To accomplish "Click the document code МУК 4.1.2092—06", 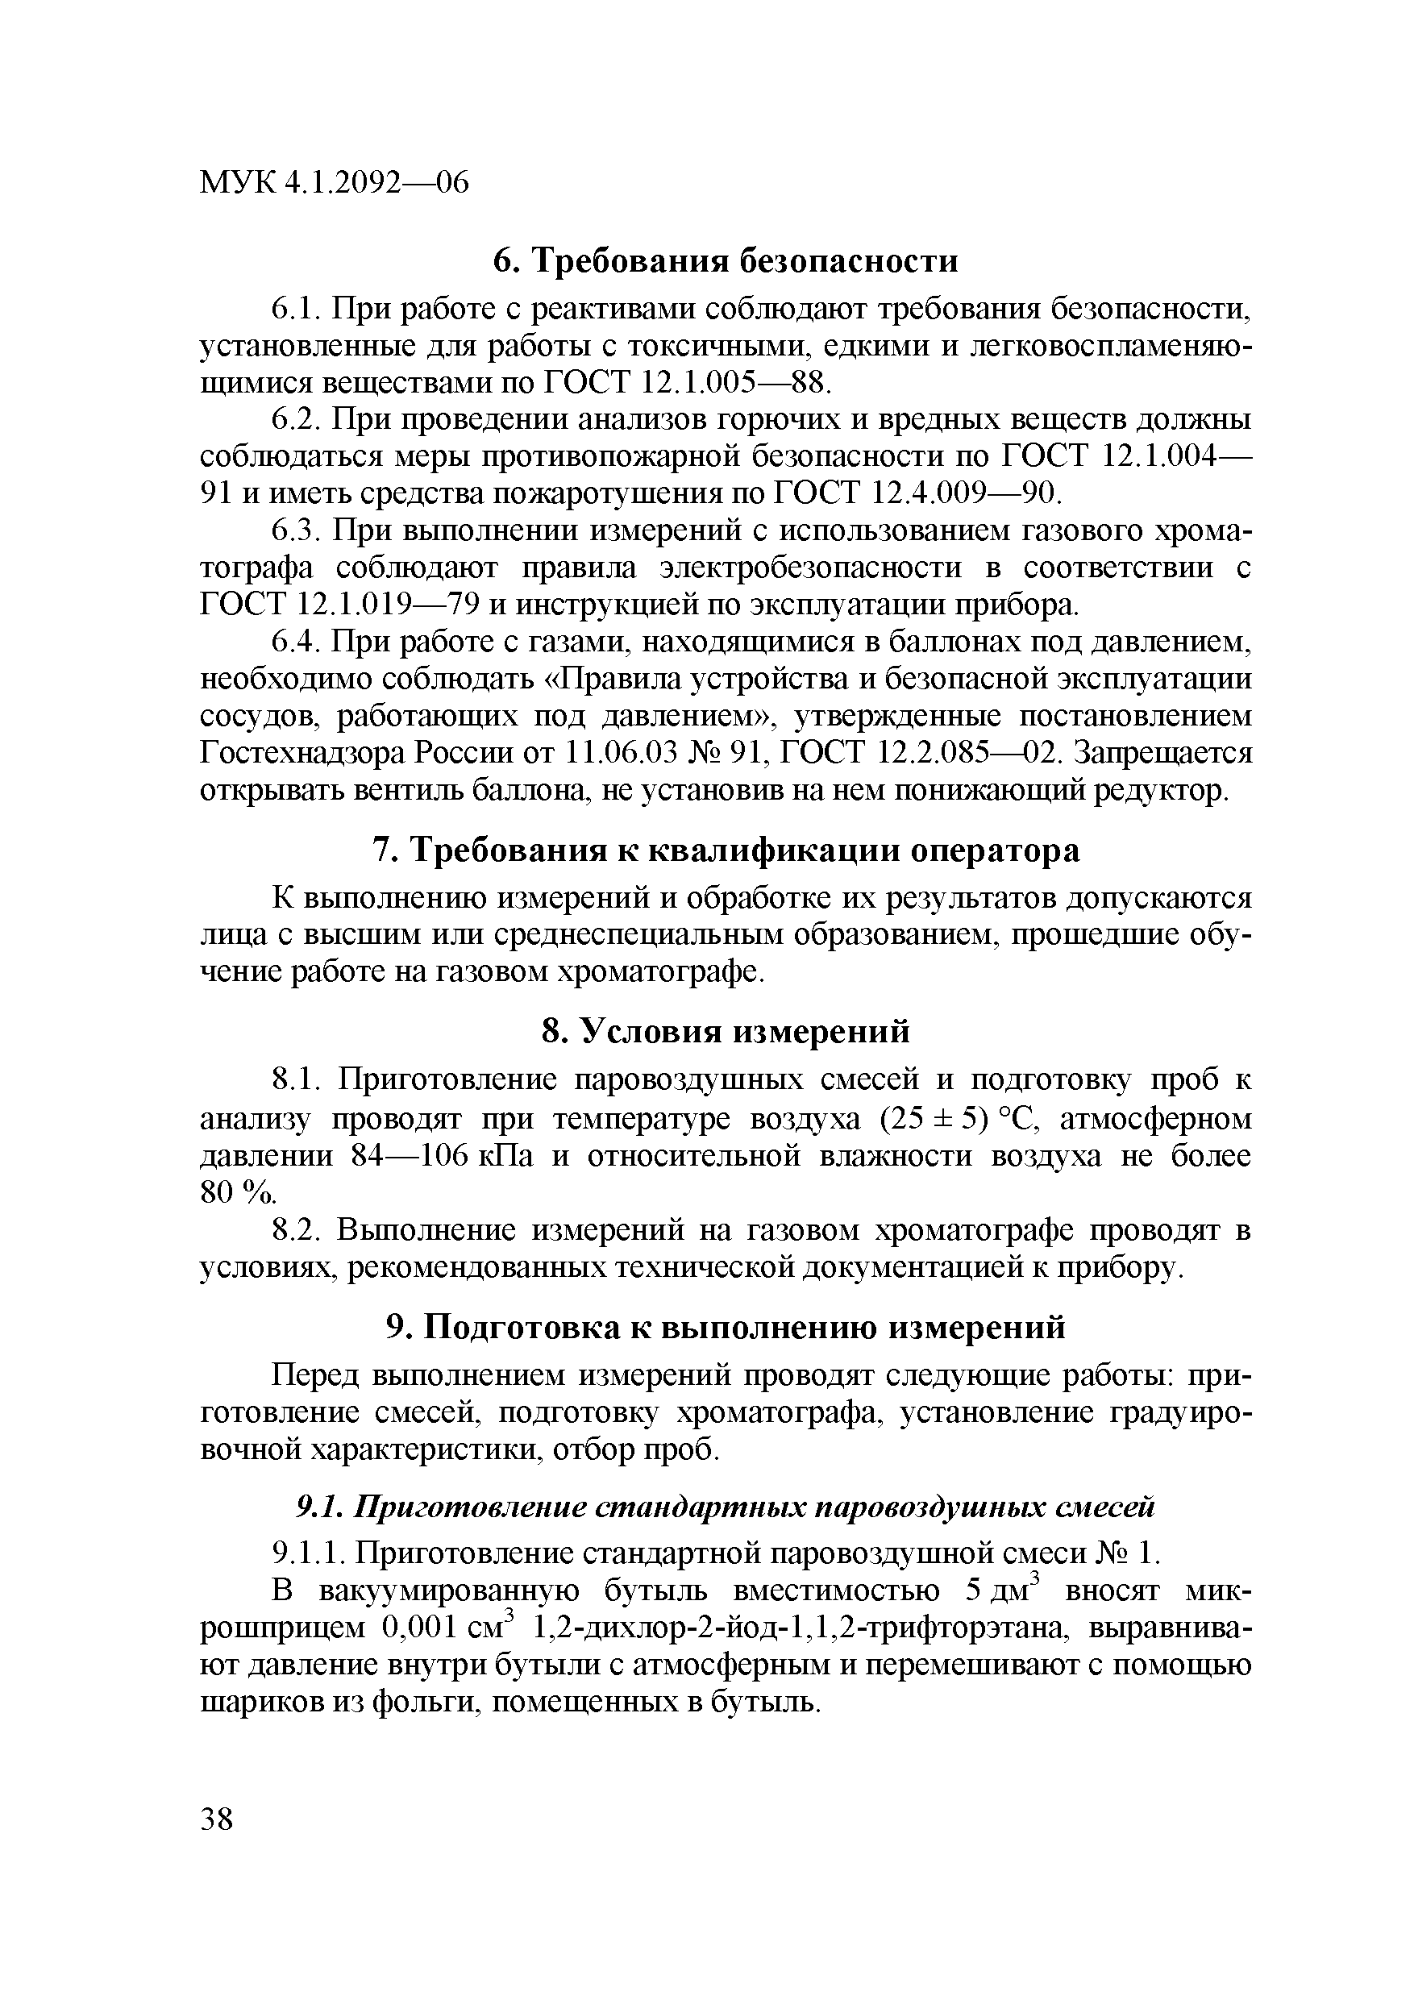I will [x=335, y=183].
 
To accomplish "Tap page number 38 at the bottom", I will [x=217, y=1820].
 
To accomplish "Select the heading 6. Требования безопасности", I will [x=726, y=260].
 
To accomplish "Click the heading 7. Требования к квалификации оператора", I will [x=726, y=850].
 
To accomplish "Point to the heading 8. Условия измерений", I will [x=726, y=1031].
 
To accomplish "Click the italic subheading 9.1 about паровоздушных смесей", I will [x=726, y=1506].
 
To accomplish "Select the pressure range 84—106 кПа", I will [x=442, y=1156].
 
